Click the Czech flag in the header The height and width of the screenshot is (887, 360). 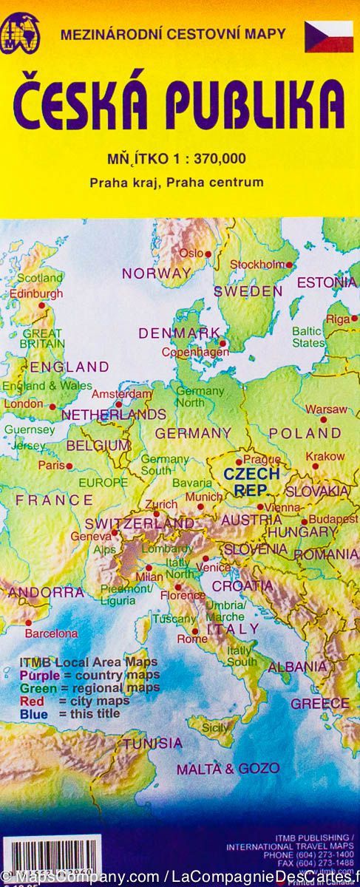point(329,36)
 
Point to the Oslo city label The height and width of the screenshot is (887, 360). point(191,253)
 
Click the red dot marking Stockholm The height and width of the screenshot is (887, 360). point(290,265)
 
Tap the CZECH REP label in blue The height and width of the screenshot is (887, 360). point(251,480)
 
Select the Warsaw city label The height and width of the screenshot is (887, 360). point(326,409)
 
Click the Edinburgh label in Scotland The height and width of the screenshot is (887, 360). point(36,293)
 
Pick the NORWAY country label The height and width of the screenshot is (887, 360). point(156,273)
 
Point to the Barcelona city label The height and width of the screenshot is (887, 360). point(51,633)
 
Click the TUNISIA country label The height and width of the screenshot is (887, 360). point(152,743)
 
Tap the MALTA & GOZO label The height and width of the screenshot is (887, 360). point(228,768)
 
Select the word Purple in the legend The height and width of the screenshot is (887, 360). point(40,675)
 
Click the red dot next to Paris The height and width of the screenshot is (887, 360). point(69,466)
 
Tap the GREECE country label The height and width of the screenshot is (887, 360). point(319,703)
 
